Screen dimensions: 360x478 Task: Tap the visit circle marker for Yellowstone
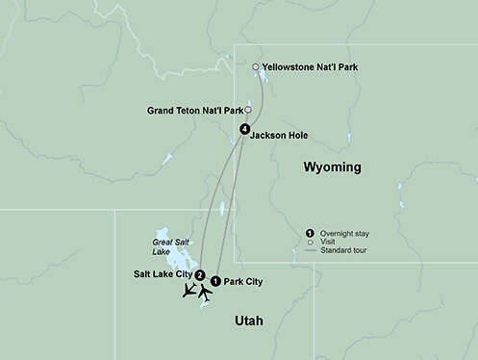(255, 67)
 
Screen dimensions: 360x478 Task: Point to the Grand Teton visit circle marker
(247, 110)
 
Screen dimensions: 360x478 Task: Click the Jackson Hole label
(280, 136)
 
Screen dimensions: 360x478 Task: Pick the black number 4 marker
(245, 129)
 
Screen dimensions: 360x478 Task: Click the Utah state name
(246, 320)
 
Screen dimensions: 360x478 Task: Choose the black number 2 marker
(199, 275)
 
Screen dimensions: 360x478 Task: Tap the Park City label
(242, 282)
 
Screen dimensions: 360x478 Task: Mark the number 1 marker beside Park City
(214, 281)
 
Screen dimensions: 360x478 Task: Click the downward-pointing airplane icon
(189, 290)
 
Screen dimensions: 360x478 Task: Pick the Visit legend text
(329, 242)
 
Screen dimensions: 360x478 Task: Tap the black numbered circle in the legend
(309, 233)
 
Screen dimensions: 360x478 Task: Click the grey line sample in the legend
(309, 251)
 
